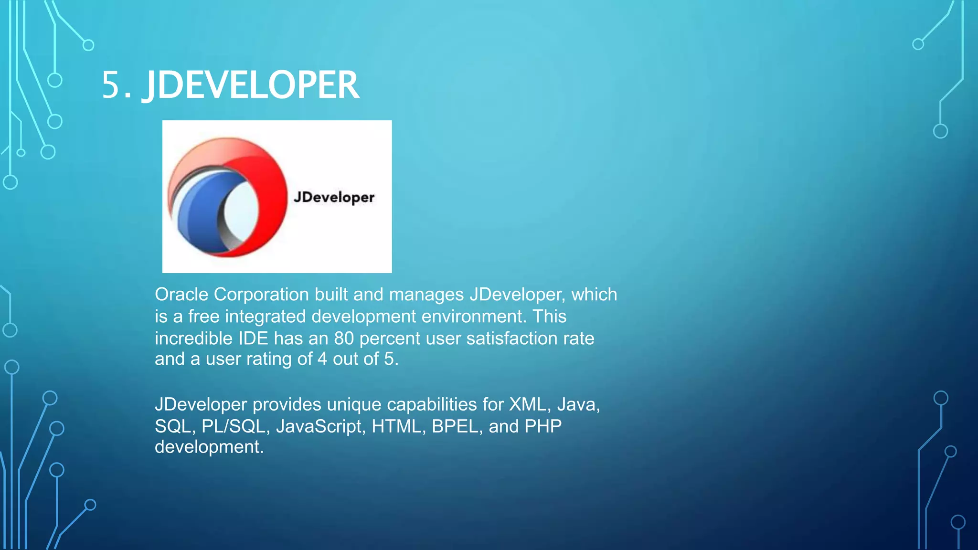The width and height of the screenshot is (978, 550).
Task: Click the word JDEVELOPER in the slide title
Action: (251, 85)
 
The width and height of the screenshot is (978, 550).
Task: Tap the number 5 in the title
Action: (111, 85)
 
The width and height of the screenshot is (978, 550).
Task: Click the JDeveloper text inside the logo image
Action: (334, 197)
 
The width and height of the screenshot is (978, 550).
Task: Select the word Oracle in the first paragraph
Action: (181, 295)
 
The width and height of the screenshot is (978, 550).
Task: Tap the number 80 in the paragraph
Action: (344, 338)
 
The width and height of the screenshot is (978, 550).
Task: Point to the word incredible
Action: (193, 338)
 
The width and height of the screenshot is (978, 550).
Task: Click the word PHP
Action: (543, 426)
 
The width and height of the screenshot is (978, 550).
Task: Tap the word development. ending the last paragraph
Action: (209, 447)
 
